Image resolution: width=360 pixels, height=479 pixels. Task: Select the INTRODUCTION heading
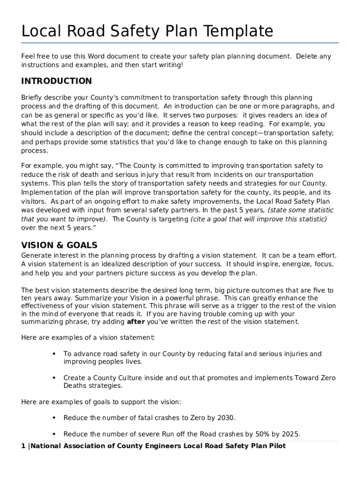[57, 81]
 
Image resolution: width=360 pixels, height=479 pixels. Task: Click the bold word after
[136, 322]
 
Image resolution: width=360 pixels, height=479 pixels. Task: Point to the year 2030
[226, 418]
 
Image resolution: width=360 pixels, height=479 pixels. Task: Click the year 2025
[289, 434]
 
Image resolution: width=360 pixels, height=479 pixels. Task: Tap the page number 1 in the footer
[23, 446]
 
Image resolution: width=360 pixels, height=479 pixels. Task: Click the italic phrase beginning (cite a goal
[259, 219]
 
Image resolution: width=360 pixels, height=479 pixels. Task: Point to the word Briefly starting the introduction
[33, 98]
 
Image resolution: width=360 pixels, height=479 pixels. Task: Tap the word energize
[294, 264]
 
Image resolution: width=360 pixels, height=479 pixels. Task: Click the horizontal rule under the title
[180, 43]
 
